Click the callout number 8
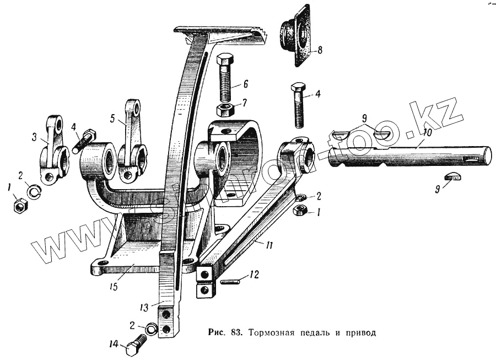[x=320, y=50]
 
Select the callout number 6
[x=245, y=84]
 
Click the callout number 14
[x=114, y=345]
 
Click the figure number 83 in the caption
[x=238, y=333]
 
